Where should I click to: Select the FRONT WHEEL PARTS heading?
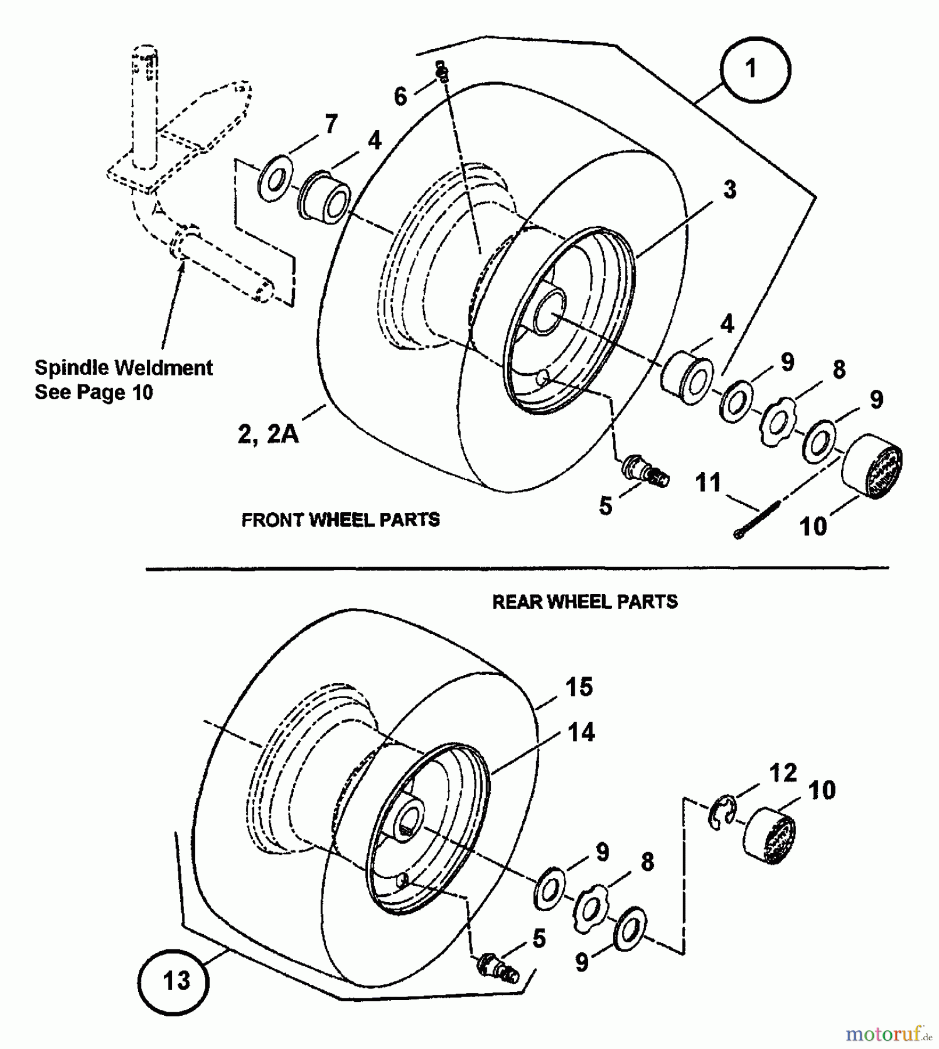pos(340,519)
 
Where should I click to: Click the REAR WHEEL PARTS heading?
pos(585,601)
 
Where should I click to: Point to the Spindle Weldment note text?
pos(123,379)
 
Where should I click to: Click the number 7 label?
pos(331,124)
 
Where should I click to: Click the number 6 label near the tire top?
pos(400,97)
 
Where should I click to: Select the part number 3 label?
pos(730,190)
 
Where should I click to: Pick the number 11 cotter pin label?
pos(708,483)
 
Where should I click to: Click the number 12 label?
pos(782,773)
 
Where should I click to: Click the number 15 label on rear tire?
pos(578,687)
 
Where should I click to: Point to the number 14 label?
pos(581,733)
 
